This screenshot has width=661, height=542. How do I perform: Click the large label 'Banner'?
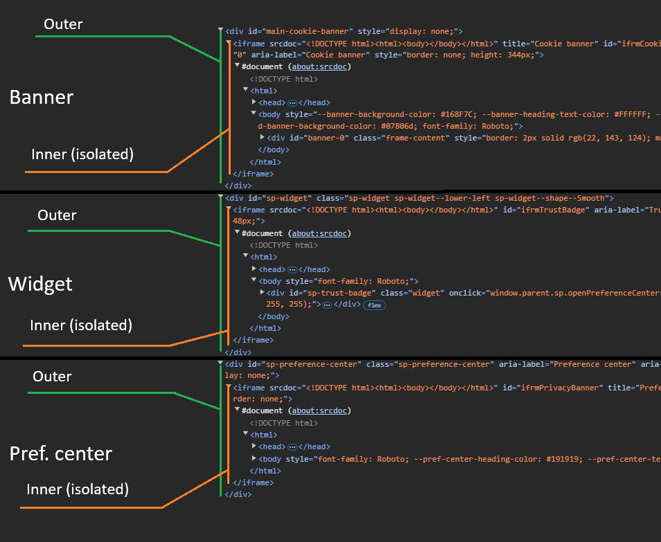[x=42, y=98]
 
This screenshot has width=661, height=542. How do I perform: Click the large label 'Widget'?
[x=40, y=284]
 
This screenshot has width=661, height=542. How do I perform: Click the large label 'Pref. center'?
[x=61, y=454]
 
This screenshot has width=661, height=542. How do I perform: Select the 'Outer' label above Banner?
[x=63, y=25]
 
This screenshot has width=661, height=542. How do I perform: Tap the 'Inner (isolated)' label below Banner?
[x=82, y=154]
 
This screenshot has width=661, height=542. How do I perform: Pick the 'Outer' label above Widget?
[x=57, y=215]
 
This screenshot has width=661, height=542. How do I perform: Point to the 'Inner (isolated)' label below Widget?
[x=81, y=325]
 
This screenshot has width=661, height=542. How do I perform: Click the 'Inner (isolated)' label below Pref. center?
[x=78, y=489]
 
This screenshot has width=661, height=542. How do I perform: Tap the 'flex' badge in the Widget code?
[x=374, y=305]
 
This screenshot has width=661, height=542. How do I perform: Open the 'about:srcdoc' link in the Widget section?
[x=319, y=234]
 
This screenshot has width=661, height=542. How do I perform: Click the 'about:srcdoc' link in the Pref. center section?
[x=319, y=410]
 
